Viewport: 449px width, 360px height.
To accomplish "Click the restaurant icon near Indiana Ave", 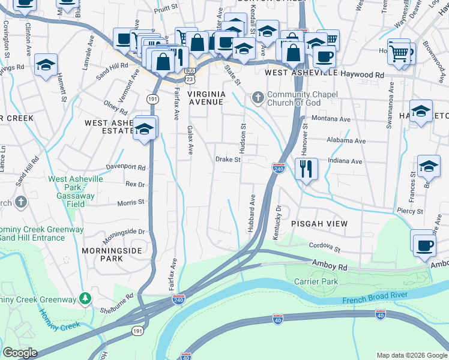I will [x=306, y=169].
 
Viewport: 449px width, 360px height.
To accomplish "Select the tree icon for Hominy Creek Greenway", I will [x=86, y=298].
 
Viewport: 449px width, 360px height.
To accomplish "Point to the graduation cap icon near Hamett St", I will [x=46, y=65].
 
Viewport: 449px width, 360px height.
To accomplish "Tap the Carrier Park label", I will [x=316, y=281].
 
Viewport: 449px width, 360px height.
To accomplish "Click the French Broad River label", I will [x=375, y=297].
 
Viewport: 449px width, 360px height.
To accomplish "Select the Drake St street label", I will [x=228, y=160].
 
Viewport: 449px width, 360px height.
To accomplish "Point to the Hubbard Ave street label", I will [x=252, y=213].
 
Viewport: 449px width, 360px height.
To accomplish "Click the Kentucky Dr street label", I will [x=277, y=223].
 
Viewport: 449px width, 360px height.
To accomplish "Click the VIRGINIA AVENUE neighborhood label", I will [x=206, y=98].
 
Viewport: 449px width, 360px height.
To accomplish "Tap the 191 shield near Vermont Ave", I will [x=152, y=98].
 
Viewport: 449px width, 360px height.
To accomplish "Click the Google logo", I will [x=20, y=353].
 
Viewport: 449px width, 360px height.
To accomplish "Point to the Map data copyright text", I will [x=412, y=355].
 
